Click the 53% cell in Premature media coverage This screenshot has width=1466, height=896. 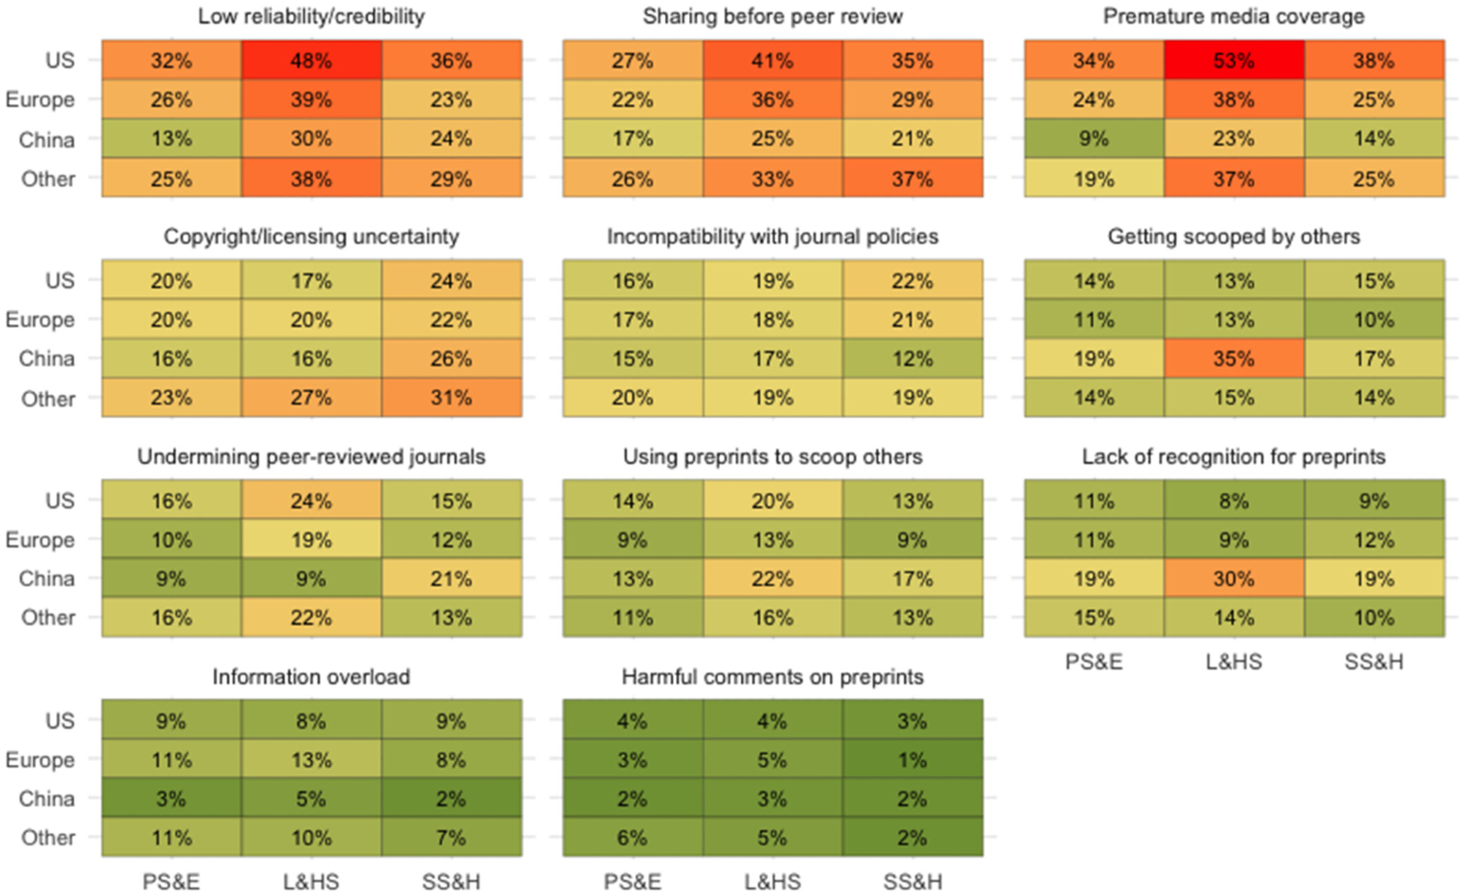point(1234,60)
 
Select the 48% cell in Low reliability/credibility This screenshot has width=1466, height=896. point(311,60)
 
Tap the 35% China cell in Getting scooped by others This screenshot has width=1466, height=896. point(1234,358)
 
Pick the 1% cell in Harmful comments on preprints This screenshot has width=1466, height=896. point(912,760)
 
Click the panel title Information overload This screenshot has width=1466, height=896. point(311,676)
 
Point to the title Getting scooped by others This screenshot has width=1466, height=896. point(1234,236)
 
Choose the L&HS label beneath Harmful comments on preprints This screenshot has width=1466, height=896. point(773,881)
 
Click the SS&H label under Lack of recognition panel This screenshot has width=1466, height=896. point(1374,662)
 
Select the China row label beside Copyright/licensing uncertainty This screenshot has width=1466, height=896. point(47,358)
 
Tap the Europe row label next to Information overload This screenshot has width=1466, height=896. point(40,760)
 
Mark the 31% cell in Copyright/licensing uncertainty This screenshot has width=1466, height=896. point(451,398)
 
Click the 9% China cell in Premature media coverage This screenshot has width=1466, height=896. point(1094,138)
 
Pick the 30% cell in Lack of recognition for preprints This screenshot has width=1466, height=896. point(1234,579)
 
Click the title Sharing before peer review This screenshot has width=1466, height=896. point(773,16)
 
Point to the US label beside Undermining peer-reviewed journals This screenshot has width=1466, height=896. point(59,501)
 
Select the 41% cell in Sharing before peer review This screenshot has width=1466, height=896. point(773,60)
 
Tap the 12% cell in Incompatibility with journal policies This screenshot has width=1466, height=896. point(912,358)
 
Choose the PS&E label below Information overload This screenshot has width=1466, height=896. point(171,881)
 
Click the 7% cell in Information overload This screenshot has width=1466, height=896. point(451,837)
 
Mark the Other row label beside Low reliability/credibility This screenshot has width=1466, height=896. point(48,179)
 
